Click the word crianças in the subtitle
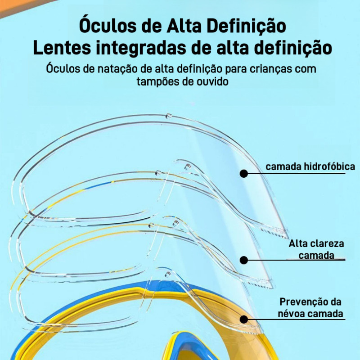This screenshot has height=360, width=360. [x=267, y=70]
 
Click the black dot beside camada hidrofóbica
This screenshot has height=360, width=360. [x=244, y=173]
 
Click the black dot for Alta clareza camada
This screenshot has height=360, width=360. [x=244, y=260]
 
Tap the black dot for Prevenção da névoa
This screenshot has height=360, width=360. [x=244, y=319]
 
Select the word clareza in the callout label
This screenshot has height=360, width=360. [x=327, y=244]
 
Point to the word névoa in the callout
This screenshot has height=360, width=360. [x=294, y=314]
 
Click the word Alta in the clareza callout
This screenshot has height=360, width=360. [x=298, y=244]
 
